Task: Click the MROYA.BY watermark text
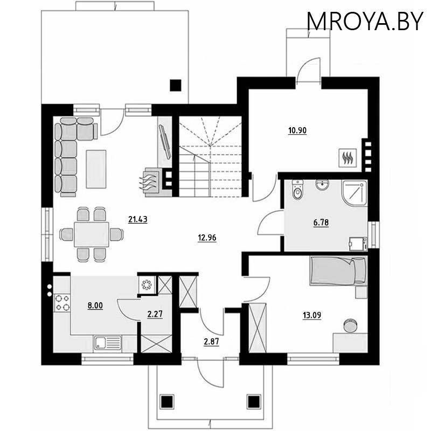tap(365, 21)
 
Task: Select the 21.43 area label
tap(138, 219)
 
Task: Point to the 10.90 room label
tap(297, 130)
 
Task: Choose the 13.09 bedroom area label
tap(312, 315)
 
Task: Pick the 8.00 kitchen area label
tap(95, 305)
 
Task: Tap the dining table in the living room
tap(91, 234)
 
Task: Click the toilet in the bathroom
tap(297, 190)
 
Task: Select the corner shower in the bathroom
tap(354, 192)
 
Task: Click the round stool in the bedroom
tap(351, 325)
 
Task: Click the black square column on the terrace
tap(175, 85)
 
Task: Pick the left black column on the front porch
tap(167, 401)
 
